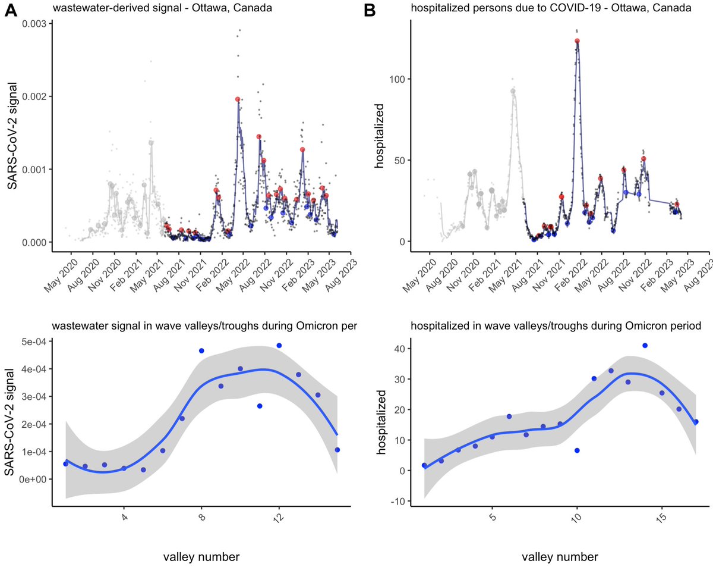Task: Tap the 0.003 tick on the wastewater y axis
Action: click(33, 23)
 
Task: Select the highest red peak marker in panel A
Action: click(238, 99)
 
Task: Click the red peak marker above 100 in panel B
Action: click(577, 41)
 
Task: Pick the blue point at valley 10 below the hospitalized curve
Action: click(577, 450)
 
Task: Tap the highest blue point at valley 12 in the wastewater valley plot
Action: click(279, 346)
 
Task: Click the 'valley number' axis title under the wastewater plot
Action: click(201, 557)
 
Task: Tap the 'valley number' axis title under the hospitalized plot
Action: click(560, 557)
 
